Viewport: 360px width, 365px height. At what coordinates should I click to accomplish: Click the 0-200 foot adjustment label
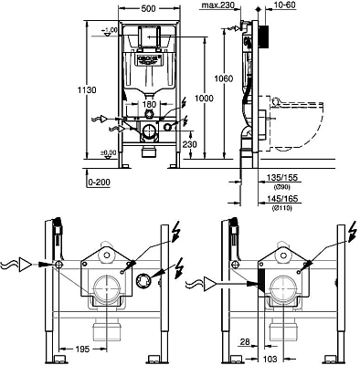click(x=99, y=183)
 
